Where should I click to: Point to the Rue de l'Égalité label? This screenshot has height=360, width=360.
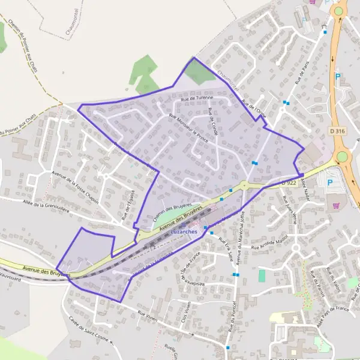tap(128, 205)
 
